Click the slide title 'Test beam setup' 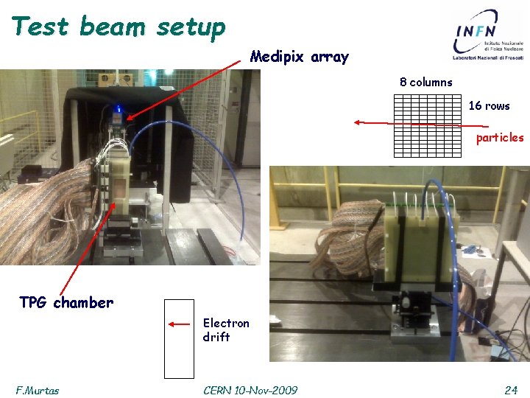118,27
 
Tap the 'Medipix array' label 299,57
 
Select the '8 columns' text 425,82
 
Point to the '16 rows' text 489,105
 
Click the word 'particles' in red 499,137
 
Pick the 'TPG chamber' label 66,302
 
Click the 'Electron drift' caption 225,329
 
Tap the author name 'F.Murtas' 37,390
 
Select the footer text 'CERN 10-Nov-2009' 250,390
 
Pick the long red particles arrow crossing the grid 412,124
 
